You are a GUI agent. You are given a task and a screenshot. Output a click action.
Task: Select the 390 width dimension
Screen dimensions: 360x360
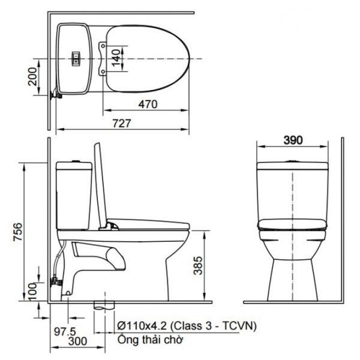(x=292, y=140)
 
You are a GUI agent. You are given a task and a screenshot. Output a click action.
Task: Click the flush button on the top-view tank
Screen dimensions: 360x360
(x=76, y=58)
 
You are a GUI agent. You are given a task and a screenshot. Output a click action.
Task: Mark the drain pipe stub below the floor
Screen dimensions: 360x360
(x=105, y=305)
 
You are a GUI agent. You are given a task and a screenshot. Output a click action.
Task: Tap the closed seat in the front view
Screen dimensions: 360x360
(x=292, y=226)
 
